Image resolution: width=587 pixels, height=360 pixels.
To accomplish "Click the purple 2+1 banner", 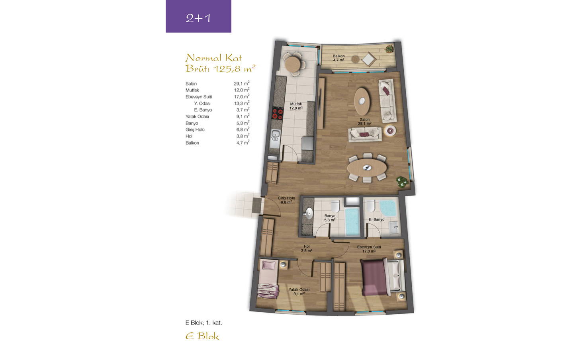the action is (x=198, y=16).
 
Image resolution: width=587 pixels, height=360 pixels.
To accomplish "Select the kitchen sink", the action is (x=275, y=138).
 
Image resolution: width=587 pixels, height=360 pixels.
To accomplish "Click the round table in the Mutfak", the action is (x=293, y=64).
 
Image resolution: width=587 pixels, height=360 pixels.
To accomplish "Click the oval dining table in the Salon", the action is (x=367, y=168).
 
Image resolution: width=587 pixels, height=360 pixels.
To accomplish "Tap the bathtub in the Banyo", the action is (x=352, y=221).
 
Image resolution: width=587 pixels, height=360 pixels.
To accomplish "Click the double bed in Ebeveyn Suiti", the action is (x=382, y=277).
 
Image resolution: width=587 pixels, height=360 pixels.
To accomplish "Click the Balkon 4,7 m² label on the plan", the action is (x=339, y=58).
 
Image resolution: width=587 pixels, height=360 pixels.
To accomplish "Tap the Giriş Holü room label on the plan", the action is (x=286, y=198).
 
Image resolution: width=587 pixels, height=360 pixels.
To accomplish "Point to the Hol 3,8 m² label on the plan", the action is (x=307, y=248).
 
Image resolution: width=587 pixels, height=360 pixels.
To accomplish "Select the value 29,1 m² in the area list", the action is (x=242, y=83).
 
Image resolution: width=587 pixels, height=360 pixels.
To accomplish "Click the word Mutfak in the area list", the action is (x=192, y=90).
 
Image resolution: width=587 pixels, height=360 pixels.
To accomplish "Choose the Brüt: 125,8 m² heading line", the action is (x=220, y=68).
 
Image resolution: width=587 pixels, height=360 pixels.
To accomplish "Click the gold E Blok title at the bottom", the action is (x=202, y=336).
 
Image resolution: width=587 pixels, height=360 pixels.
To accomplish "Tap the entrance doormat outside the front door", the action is (x=257, y=205).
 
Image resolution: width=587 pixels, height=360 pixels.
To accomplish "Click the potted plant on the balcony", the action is (x=389, y=49).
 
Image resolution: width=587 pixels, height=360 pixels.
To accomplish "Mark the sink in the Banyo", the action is (x=309, y=213).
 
